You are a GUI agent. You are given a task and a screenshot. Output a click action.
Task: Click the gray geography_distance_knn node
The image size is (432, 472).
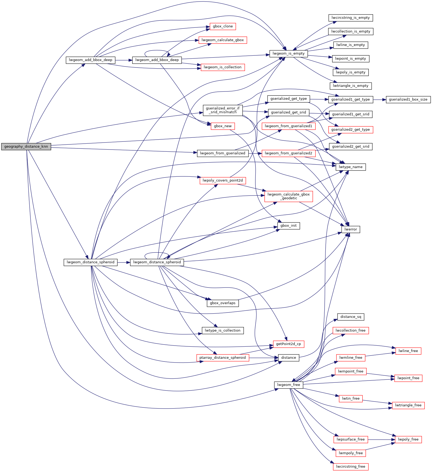[x=26, y=147]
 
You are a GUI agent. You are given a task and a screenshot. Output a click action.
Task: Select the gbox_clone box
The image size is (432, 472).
[x=223, y=26]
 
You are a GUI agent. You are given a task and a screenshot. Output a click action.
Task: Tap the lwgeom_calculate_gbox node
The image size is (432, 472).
[x=223, y=40]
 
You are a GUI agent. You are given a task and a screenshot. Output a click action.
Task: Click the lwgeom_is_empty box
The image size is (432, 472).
[x=289, y=54]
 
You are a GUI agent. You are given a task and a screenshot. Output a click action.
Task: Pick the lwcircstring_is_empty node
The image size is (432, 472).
[x=350, y=18]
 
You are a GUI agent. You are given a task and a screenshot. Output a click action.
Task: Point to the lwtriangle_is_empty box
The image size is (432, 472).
[x=350, y=86]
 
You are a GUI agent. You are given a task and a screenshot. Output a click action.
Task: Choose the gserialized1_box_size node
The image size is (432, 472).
[x=408, y=100]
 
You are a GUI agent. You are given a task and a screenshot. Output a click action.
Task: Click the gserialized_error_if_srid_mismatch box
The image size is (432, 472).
[x=223, y=110]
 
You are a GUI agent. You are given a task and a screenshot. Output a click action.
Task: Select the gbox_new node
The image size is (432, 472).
[x=223, y=126]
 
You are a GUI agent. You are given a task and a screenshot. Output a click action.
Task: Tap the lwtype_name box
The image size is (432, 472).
[x=350, y=167]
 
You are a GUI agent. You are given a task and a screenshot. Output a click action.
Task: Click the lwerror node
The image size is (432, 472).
[x=350, y=229]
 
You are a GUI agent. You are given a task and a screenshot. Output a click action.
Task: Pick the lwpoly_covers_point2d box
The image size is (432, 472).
[x=223, y=180]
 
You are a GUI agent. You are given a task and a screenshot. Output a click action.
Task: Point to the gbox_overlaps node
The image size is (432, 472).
[x=223, y=303]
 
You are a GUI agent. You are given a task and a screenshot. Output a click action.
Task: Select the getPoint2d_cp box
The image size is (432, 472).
[x=289, y=344]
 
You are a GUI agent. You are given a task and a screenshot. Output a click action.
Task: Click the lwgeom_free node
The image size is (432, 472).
[x=289, y=385]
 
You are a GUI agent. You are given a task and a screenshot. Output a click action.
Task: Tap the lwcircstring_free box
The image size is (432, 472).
[x=350, y=467]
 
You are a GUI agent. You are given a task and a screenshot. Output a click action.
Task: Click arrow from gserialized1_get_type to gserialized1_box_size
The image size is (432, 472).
[x=380, y=100]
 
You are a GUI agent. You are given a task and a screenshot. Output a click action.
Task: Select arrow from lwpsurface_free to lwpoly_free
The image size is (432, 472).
[x=381, y=439]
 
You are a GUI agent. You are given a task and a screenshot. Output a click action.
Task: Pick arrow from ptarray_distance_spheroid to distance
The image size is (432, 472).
[x=264, y=358]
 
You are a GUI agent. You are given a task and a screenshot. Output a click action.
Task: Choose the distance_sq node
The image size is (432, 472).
[x=350, y=317]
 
